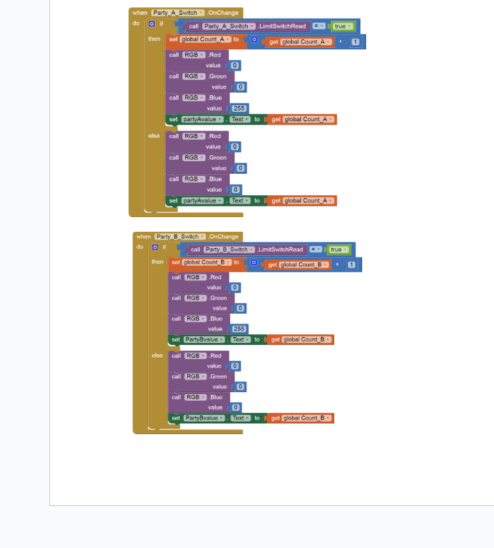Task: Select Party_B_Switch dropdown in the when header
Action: (x=180, y=236)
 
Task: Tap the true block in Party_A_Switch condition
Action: (x=342, y=26)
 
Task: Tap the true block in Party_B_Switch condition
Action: (x=338, y=250)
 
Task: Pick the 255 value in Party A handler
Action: (x=239, y=109)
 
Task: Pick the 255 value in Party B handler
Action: (x=239, y=329)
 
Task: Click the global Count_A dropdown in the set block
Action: (x=206, y=39)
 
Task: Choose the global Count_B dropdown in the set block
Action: (x=207, y=262)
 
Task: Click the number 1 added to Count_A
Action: (x=356, y=42)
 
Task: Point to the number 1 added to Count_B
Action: (x=352, y=265)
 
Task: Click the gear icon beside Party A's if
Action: (x=152, y=24)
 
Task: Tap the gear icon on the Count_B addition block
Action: (x=254, y=262)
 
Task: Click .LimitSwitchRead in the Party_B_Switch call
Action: (x=280, y=250)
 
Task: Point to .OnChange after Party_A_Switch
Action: (x=222, y=13)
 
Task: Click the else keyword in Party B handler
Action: (x=157, y=356)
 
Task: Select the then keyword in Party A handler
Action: (x=154, y=39)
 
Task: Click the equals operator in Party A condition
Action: (x=319, y=26)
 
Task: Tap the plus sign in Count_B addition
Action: (x=337, y=264)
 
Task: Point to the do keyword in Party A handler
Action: (x=136, y=23)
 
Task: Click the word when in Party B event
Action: (x=143, y=236)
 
